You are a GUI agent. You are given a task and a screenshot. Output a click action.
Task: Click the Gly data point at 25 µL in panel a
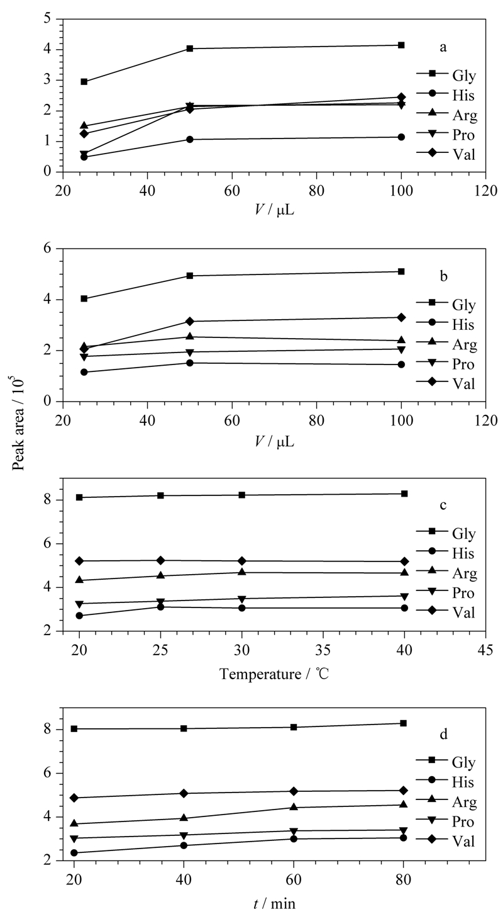pos(84,82)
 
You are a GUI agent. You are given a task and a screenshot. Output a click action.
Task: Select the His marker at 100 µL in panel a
pos(401,137)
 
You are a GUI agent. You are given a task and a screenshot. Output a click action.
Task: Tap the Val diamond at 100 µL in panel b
pos(401,317)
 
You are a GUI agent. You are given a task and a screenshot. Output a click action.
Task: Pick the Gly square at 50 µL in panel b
pos(189,276)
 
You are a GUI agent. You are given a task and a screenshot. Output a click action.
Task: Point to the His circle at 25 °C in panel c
pos(160,607)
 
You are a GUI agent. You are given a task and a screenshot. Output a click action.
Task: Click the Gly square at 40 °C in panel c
pos(404,494)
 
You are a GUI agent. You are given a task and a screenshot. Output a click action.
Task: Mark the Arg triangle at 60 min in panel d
pos(294,807)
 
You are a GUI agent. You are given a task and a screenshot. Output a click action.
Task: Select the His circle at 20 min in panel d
pos(74,853)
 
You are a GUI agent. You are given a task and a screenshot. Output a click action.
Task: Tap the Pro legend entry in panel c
pos(446,592)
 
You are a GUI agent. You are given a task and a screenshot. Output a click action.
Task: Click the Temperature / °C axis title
pos(274,674)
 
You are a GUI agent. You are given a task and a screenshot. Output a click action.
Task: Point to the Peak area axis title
pos(19,425)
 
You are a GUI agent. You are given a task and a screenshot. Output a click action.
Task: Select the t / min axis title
pos(274,904)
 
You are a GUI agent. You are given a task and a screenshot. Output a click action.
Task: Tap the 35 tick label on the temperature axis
pos(323,650)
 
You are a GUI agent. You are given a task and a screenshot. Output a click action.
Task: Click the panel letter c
pos(443,505)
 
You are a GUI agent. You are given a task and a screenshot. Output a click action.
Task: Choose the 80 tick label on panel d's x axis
pos(404,880)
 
